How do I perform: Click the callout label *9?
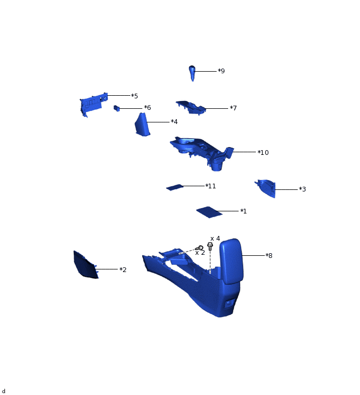(221, 71)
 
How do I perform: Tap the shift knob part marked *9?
(193, 72)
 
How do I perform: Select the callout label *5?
(134, 96)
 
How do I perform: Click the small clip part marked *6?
(117, 108)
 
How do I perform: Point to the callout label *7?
(233, 108)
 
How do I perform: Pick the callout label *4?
(174, 122)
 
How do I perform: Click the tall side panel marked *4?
(142, 125)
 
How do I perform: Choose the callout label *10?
(263, 153)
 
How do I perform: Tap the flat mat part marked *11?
(175, 187)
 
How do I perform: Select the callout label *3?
(302, 189)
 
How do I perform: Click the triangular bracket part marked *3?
(267, 188)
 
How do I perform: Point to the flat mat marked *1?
(209, 212)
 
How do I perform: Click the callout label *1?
(243, 211)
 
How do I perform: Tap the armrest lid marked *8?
(231, 259)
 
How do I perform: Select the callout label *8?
(269, 256)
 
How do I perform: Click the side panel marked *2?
(85, 265)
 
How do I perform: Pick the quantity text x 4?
(215, 239)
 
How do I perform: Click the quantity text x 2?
(200, 253)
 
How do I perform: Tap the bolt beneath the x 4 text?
(210, 246)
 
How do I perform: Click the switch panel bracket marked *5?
(93, 105)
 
